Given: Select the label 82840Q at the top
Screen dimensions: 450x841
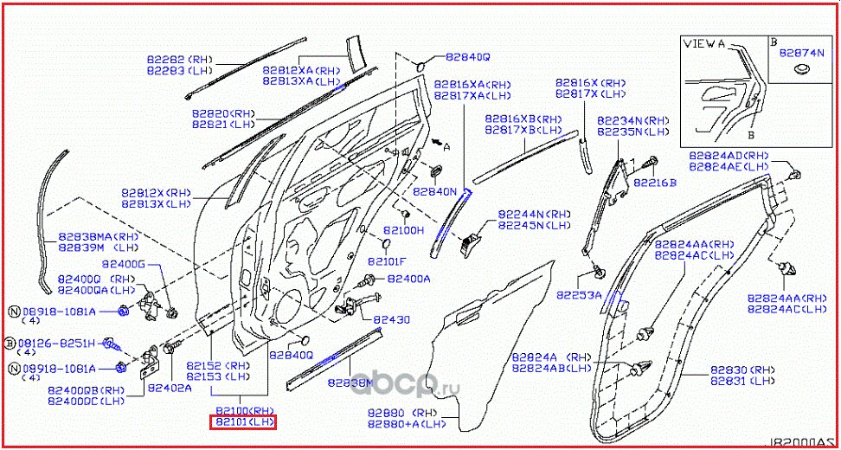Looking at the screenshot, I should pos(467,57).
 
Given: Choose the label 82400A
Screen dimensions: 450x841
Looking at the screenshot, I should pos(408,279).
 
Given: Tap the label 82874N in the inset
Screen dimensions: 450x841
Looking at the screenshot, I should pos(800,52).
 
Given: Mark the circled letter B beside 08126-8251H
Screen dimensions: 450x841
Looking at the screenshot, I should pos(10,343).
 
